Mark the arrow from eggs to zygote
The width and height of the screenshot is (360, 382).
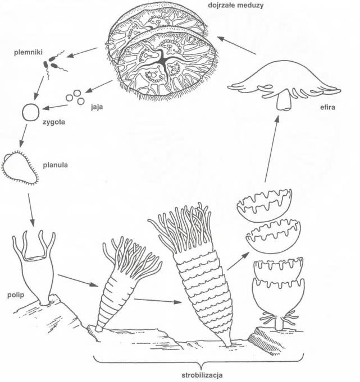tap(56, 105)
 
